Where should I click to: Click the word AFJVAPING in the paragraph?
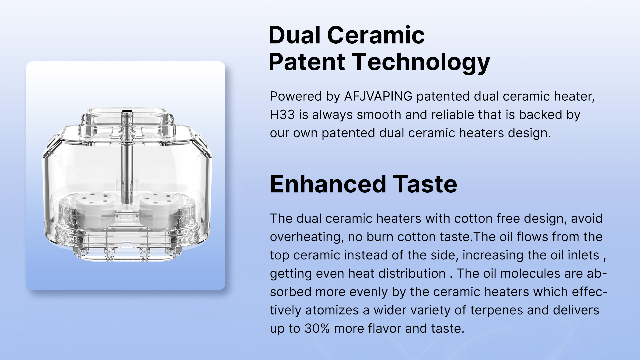378,96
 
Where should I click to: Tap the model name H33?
282,115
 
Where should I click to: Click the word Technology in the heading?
421,62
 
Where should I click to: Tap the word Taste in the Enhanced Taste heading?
425,184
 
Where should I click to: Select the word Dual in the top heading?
294,35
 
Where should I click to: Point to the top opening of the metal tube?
127,111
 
